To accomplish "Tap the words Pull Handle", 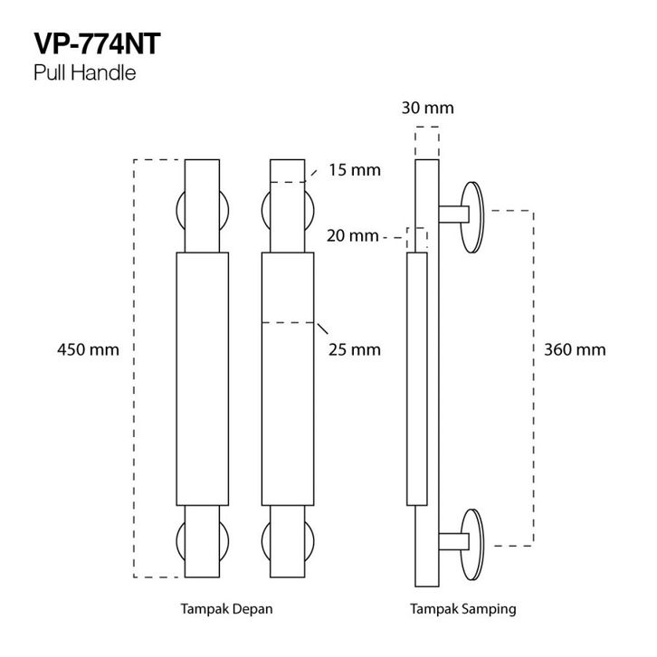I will click(x=84, y=73).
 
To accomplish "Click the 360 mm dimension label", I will click(x=575, y=349).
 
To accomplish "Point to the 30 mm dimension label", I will click(x=427, y=109).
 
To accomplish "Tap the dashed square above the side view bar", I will click(x=427, y=143).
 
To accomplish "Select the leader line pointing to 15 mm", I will click(x=312, y=173).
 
